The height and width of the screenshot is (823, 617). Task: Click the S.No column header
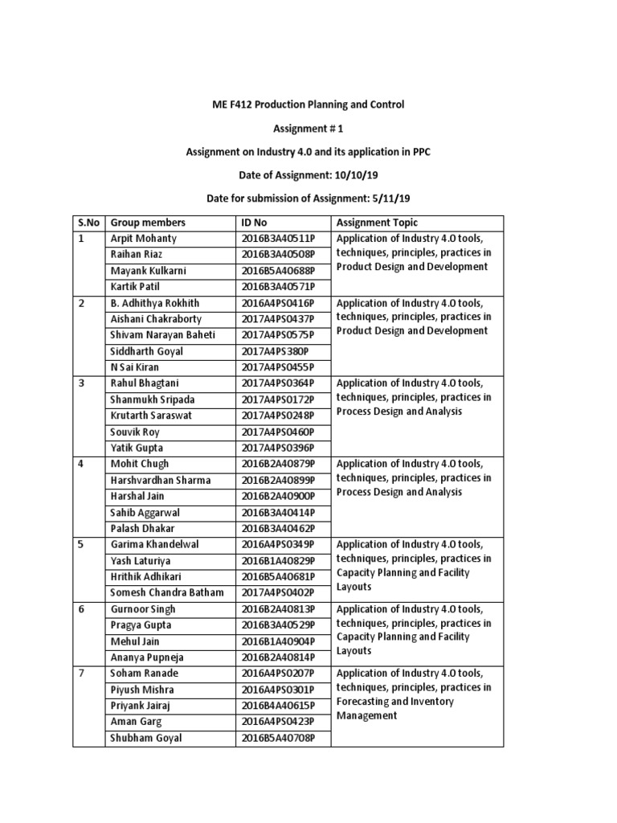click(x=86, y=223)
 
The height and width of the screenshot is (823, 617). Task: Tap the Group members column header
click(x=148, y=223)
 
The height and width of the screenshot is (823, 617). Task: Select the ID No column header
click(x=257, y=223)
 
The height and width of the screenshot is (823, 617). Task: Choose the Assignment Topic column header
click(x=377, y=223)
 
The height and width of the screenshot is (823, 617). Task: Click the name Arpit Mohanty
click(x=144, y=239)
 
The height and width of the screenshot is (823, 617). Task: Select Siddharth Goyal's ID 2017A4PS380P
click(x=273, y=351)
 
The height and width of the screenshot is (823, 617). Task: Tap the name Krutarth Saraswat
click(x=153, y=416)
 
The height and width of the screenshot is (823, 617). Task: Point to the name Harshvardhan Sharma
click(x=161, y=480)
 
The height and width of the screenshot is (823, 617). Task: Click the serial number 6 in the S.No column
click(x=80, y=609)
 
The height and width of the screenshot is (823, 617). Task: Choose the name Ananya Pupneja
click(x=146, y=657)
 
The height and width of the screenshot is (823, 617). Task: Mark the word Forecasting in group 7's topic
click(x=366, y=702)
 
